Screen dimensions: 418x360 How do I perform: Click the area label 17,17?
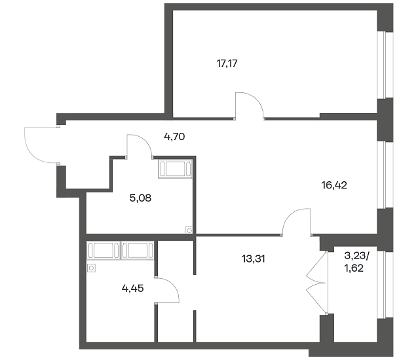tap(227, 63)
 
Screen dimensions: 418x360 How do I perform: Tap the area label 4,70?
tap(174, 137)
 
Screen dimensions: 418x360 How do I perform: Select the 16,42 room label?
tap(334, 185)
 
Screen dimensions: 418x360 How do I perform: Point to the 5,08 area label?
tap(140, 198)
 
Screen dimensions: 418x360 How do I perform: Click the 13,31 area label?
tap(254, 259)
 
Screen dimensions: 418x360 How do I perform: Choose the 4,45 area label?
tap(133, 288)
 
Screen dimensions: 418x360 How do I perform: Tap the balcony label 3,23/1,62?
tap(356, 262)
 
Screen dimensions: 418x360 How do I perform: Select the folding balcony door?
tap(317, 282)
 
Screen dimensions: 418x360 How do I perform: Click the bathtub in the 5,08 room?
tap(175, 169)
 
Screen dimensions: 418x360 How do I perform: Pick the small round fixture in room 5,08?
tap(189, 230)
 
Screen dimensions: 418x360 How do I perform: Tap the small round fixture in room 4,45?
tap(91, 268)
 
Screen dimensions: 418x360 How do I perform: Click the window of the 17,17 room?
tap(385, 65)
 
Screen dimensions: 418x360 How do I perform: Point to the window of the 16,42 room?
tap(385, 175)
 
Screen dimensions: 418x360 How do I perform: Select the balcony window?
tap(385, 284)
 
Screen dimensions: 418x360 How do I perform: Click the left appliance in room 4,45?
tap(104, 250)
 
